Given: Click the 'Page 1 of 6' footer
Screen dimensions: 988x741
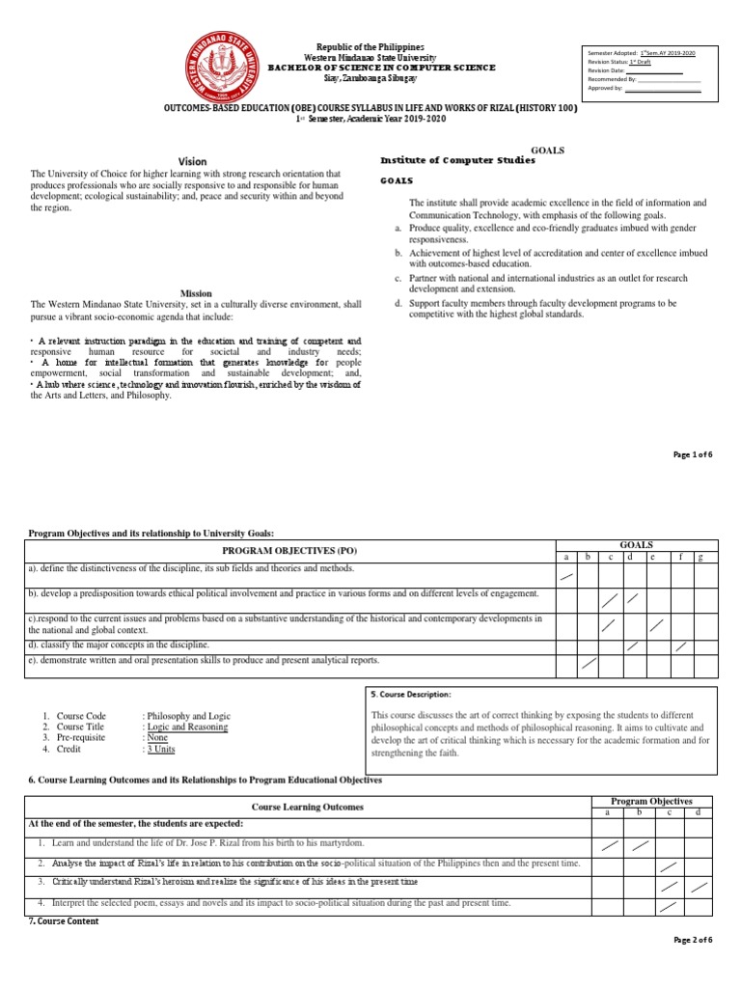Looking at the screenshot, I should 692,454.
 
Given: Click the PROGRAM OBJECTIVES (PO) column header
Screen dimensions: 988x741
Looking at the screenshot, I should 290,551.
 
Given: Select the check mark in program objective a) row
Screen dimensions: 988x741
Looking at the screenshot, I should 567,578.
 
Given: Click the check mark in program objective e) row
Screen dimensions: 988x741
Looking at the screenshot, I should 589,665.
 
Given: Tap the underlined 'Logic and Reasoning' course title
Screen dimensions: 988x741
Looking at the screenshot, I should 186,727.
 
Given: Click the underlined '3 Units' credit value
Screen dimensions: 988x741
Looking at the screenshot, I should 161,749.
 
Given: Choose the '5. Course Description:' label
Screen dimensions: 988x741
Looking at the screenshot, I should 411,694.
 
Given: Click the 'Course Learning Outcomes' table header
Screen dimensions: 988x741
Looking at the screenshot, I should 308,807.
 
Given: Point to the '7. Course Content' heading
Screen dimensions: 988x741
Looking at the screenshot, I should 64,921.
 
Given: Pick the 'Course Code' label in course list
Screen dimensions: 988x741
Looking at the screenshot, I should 81,717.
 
